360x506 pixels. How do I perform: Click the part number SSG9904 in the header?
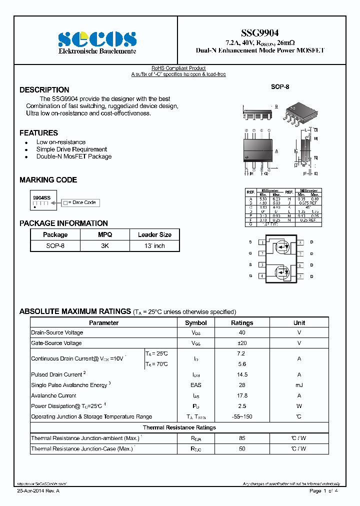[260, 33]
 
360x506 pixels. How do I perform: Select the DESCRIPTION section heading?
[44, 90]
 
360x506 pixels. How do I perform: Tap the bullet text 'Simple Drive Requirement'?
[71, 149]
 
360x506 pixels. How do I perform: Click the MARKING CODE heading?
[48, 180]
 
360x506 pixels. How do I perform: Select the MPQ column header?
[105, 234]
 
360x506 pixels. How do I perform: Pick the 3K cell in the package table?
[105, 246]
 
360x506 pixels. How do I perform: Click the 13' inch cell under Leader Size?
[154, 246]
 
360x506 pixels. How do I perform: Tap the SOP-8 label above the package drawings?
[280, 87]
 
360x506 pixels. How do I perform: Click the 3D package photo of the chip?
[299, 114]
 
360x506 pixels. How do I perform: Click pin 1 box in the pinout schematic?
[261, 242]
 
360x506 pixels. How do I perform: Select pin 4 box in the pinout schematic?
[261, 276]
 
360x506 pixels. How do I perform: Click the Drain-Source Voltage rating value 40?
[242, 333]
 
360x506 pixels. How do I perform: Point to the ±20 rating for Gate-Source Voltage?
[242, 343]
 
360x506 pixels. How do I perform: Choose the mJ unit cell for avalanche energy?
[299, 385]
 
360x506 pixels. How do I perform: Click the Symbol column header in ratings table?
[195, 323]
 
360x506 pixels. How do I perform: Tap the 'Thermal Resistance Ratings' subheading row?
[179, 427]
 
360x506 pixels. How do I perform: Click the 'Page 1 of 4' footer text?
[324, 491]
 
